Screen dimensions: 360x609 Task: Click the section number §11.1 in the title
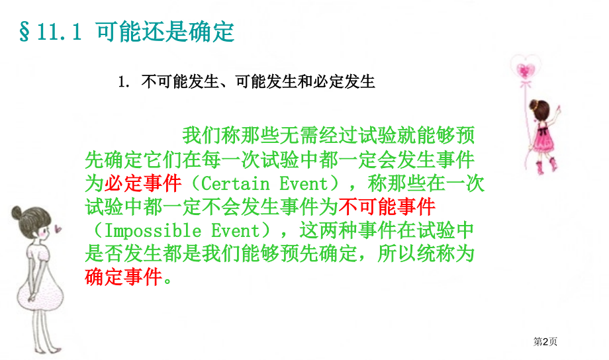tap(50, 31)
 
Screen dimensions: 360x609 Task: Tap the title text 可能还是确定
tap(165, 31)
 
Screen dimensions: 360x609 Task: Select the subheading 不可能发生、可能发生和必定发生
tap(258, 82)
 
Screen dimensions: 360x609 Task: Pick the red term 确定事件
tap(123, 277)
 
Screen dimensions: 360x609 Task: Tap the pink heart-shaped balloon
tap(527, 69)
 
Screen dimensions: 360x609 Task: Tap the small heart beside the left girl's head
tap(58, 229)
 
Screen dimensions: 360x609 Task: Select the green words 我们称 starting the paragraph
tap(206, 134)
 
